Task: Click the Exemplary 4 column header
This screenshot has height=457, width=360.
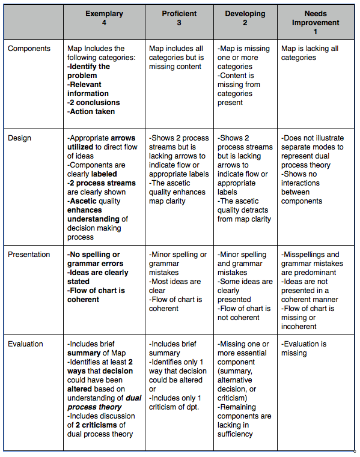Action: coord(105,18)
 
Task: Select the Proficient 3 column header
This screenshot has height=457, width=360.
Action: coord(179,18)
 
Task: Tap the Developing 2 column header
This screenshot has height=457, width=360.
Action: coord(245,18)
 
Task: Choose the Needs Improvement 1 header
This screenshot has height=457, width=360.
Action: coord(315,22)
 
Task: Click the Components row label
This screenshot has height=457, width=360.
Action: coord(29,49)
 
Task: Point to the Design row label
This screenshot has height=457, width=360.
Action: coord(19,138)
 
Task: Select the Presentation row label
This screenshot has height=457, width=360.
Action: coord(29,255)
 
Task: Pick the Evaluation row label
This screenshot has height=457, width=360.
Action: coord(26,344)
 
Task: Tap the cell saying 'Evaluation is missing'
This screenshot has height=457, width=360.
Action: coord(304,348)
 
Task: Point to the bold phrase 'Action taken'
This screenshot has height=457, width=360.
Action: coord(92,112)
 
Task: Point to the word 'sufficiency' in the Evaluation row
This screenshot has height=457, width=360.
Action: coord(235,434)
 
